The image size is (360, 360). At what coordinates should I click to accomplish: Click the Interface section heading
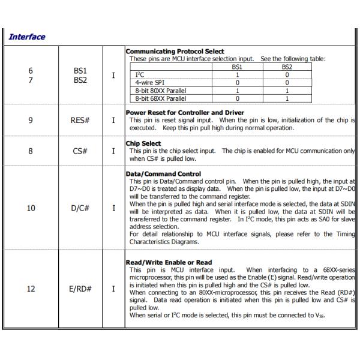coord(27,37)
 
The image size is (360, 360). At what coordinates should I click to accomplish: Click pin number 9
coord(31,120)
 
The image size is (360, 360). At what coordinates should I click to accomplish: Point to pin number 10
coord(31,208)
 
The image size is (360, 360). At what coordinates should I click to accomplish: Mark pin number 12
coord(31,289)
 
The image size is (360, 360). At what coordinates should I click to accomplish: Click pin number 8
coord(31,151)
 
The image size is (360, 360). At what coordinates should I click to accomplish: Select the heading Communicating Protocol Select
coord(175,52)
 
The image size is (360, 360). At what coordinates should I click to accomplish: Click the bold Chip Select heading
coord(143,143)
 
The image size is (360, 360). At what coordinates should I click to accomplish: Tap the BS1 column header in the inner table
coord(237,67)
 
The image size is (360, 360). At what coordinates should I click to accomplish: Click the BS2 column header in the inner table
coord(287,67)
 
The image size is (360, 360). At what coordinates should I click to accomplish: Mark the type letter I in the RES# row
coord(113,120)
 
